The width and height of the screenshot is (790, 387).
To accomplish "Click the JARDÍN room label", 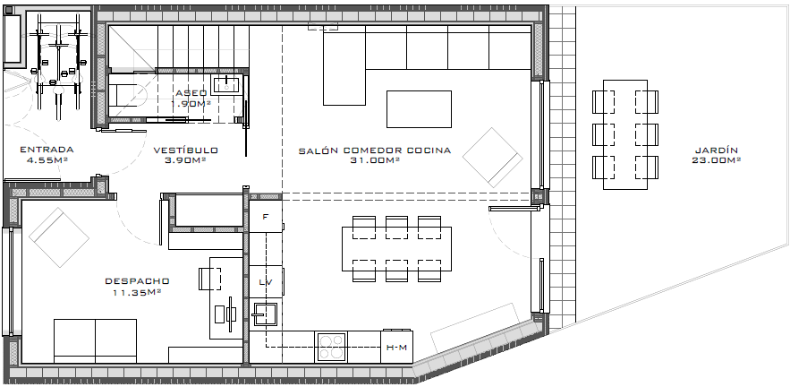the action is click(x=716, y=150).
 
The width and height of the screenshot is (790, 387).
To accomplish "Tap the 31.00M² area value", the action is click(x=375, y=160).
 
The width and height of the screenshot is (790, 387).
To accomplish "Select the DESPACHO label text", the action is click(x=137, y=281).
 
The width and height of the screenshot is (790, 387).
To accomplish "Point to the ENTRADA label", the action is click(x=47, y=150).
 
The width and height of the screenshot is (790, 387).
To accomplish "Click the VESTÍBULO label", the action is click(x=186, y=150).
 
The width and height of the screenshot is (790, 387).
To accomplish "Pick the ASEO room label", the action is click(x=191, y=93).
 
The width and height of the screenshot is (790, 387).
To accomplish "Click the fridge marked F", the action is click(x=266, y=217).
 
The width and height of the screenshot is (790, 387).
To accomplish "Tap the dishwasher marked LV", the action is click(x=266, y=281).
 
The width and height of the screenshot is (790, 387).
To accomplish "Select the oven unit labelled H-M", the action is click(x=396, y=347).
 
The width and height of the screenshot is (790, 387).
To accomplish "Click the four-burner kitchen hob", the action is click(x=331, y=347).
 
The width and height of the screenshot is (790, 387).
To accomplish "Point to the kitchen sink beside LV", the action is click(x=265, y=314).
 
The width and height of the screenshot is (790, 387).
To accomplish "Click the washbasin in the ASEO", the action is click(x=226, y=85).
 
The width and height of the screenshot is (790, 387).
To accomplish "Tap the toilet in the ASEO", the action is click(x=127, y=95).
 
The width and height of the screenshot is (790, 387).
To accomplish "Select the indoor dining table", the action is click(x=396, y=249).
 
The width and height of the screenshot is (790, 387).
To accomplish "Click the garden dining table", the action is click(x=625, y=134).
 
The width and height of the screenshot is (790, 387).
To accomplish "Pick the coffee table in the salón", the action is click(x=419, y=109).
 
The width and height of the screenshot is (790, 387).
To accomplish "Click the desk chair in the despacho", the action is click(x=209, y=279).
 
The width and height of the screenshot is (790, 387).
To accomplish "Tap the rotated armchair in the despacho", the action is click(x=59, y=237).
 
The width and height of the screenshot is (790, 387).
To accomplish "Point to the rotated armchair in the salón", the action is click(x=492, y=158).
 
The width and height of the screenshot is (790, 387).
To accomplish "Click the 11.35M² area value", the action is click(x=137, y=292).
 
